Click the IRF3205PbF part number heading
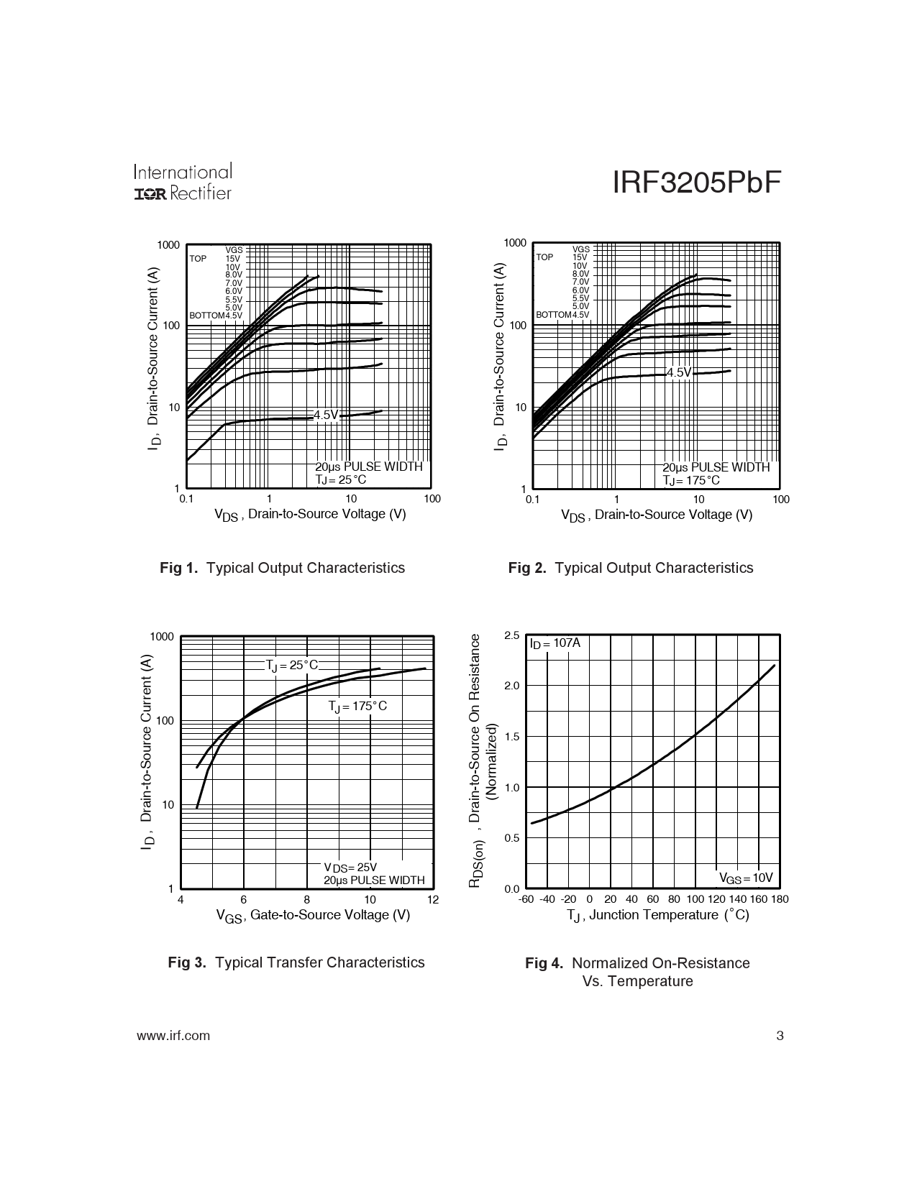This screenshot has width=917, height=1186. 696,184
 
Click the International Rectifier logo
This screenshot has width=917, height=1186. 183,183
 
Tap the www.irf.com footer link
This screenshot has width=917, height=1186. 173,1036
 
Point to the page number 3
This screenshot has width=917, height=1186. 780,1036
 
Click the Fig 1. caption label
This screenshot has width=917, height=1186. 178,568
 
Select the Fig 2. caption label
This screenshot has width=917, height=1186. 527,568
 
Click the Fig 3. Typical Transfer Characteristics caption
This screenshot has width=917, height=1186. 296,962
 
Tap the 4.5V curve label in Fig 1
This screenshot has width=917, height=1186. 326,415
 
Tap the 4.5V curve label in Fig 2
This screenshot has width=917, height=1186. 678,372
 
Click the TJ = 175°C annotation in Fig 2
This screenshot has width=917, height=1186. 690,480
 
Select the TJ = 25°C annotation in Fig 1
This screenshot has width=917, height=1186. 341,479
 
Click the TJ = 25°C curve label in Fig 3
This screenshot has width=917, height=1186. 291,666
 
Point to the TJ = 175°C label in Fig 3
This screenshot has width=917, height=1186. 357,707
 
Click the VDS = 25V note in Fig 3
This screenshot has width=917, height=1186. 350,868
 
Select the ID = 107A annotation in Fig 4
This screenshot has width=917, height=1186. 555,643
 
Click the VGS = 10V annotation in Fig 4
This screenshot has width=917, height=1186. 746,878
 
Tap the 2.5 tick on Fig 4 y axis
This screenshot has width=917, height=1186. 511,635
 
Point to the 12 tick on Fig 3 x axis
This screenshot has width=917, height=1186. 432,899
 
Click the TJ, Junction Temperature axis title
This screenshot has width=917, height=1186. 657,915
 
